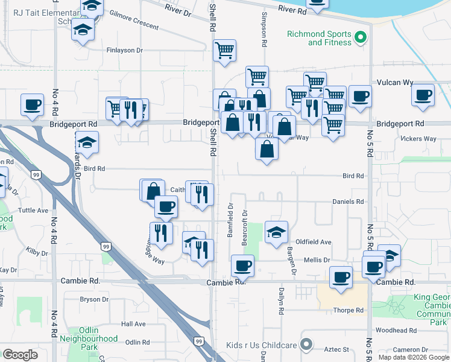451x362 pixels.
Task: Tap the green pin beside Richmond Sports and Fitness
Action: pos(361,38)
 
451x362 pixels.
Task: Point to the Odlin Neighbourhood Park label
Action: pos(89,343)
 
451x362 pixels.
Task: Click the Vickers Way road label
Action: pos(418,139)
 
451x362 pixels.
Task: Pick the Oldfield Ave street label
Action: pos(317,242)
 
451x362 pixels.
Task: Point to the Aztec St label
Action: pos(338,349)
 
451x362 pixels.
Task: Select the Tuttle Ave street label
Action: pos(33,211)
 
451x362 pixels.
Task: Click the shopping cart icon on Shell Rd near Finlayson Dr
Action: pos(224,51)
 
